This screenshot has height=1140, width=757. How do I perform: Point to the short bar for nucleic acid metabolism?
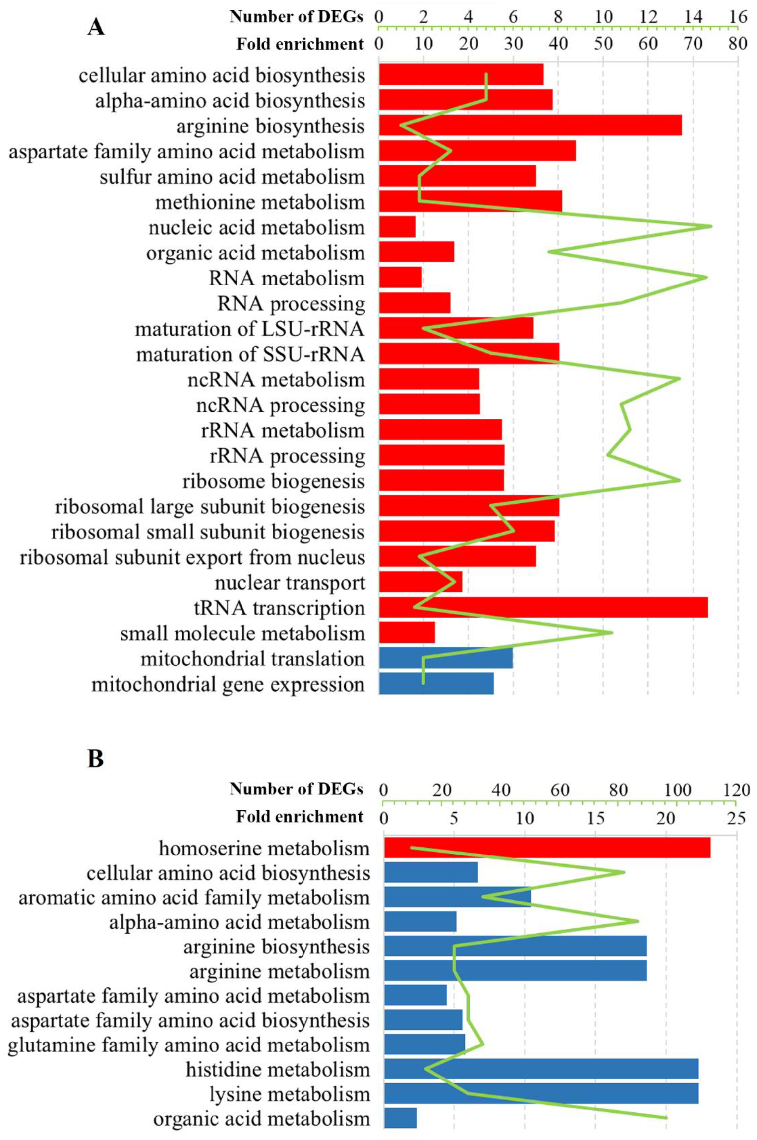click(397, 226)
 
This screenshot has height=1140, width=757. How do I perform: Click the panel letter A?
click(96, 27)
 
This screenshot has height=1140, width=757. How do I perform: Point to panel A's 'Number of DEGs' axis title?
click(296, 17)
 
